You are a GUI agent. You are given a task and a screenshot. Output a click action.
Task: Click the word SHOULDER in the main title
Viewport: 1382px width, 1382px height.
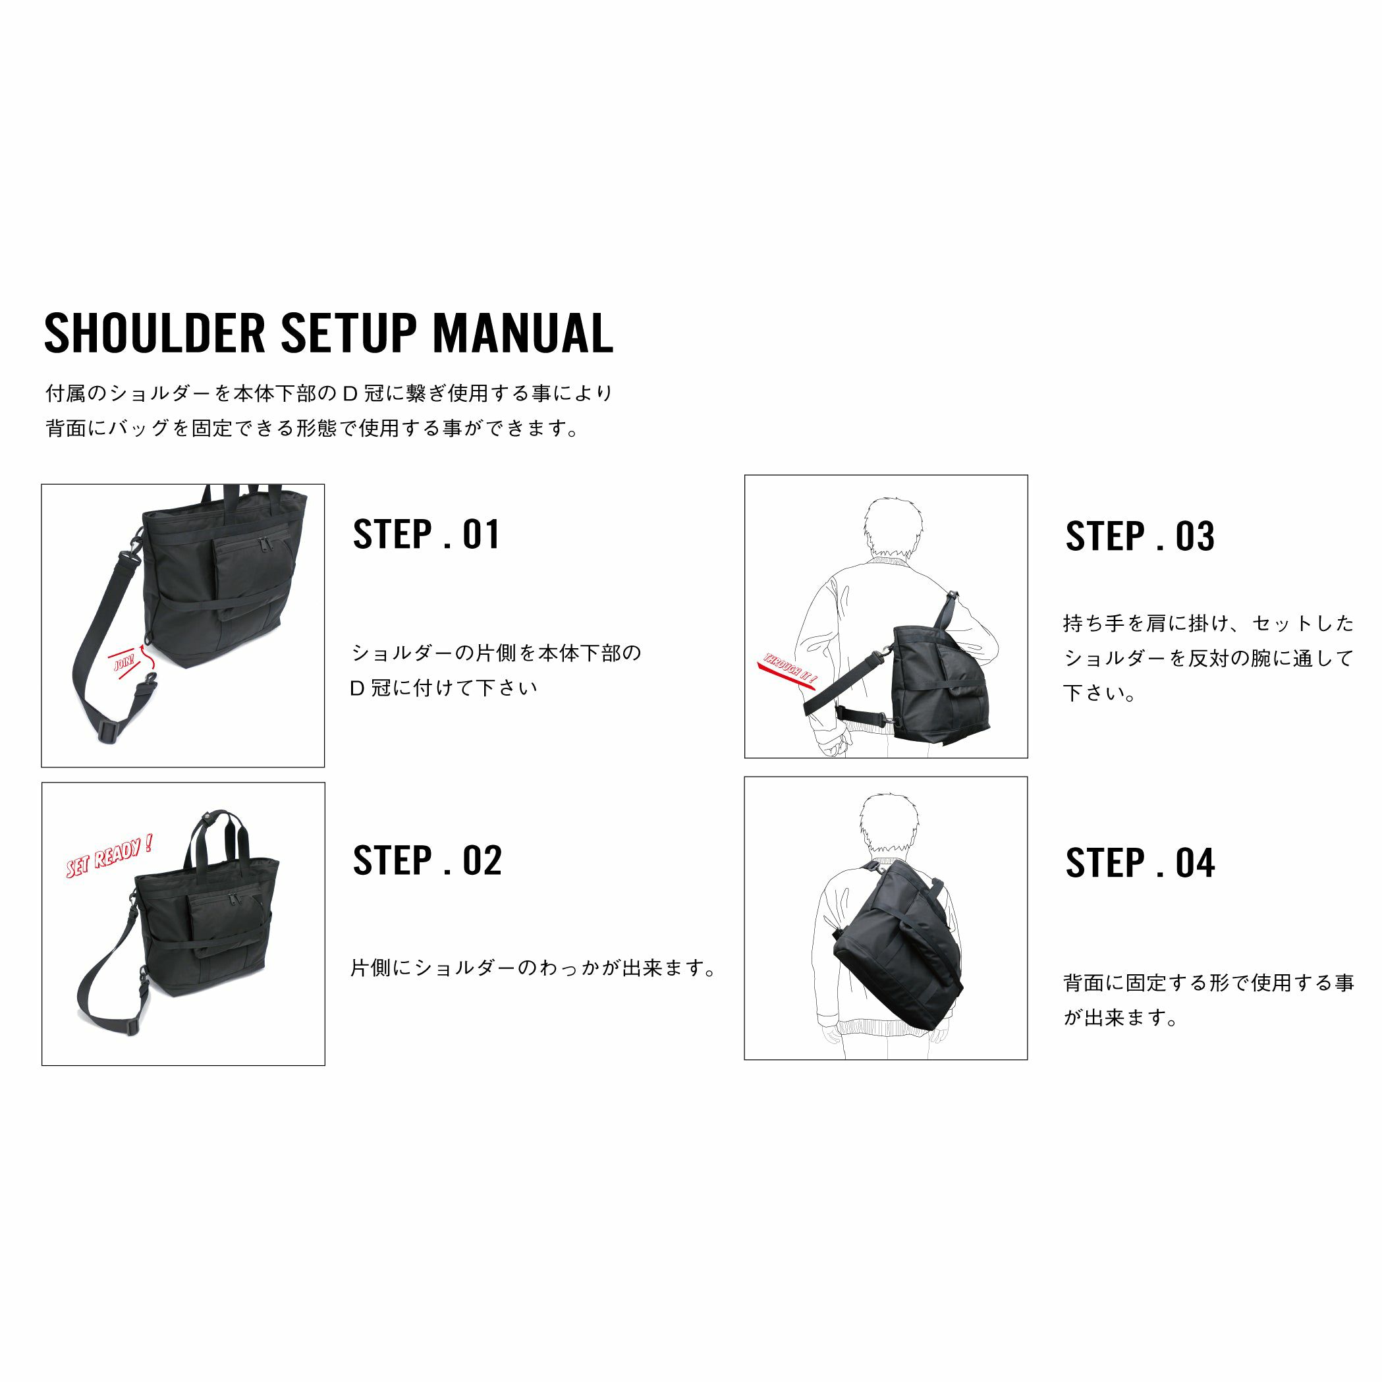pyautogui.click(x=155, y=333)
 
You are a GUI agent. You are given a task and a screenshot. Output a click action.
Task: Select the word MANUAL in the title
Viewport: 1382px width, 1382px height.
pyautogui.click(x=523, y=333)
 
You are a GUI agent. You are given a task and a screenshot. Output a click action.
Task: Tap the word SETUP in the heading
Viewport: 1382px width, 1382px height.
pyautogui.click(x=348, y=333)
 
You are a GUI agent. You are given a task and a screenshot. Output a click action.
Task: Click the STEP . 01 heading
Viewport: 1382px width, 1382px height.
pyautogui.click(x=426, y=534)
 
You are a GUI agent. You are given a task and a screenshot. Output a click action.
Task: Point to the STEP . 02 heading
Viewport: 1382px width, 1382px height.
pyautogui.click(x=427, y=860)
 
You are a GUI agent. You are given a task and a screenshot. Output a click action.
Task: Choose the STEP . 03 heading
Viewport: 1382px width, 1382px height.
pyautogui.click(x=1140, y=536)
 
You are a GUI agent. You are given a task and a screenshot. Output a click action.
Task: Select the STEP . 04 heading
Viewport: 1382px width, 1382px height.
pyautogui.click(x=1140, y=863)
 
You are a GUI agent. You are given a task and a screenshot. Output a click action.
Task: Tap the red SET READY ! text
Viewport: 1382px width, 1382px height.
pyautogui.click(x=109, y=855)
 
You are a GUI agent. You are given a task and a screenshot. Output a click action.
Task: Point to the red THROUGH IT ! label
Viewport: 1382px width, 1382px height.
pyautogui.click(x=789, y=669)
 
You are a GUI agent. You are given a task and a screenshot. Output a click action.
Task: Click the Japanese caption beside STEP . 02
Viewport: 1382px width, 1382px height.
pyautogui.click(x=533, y=968)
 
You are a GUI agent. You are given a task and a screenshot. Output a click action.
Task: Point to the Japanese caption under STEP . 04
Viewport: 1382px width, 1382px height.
pyautogui.click(x=1209, y=1001)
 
